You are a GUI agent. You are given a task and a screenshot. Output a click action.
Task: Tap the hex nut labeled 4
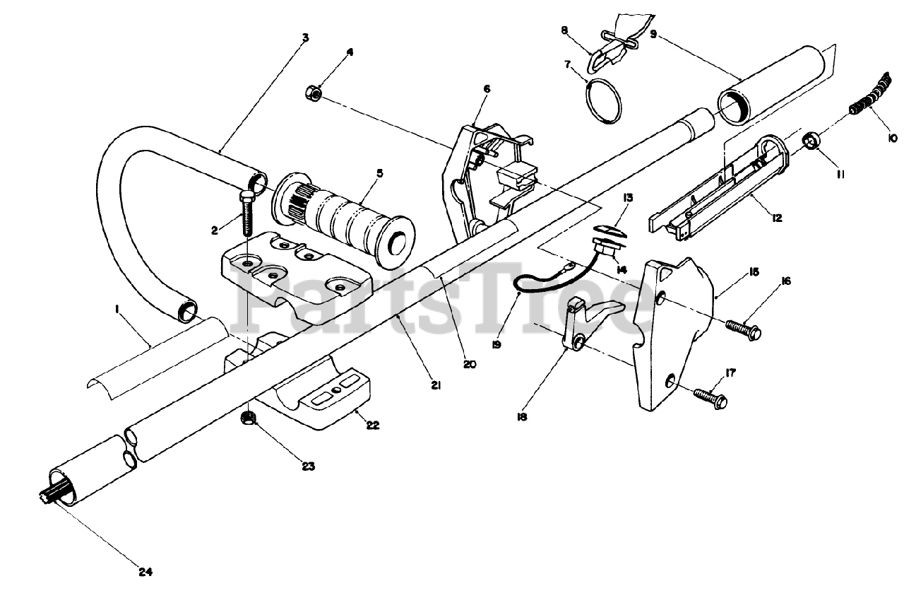click(x=313, y=93)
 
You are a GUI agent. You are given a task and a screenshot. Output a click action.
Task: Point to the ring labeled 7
click(x=604, y=101)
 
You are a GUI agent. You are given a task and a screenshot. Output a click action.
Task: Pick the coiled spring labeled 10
click(x=867, y=98)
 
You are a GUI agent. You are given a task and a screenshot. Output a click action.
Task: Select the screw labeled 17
click(x=710, y=397)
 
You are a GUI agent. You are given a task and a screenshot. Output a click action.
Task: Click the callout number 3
click(x=305, y=37)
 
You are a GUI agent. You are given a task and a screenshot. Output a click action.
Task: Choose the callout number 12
click(x=777, y=218)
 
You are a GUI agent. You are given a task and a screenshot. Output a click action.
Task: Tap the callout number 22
click(x=372, y=425)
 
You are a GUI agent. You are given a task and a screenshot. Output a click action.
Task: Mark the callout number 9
click(x=654, y=33)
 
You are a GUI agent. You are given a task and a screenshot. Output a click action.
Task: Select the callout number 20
click(x=470, y=365)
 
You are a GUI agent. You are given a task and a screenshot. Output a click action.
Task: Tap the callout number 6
click(x=487, y=89)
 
